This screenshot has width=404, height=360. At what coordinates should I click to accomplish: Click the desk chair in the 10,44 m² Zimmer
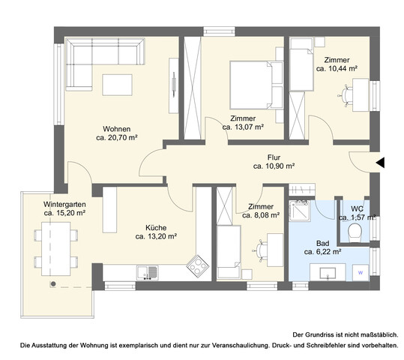coord(346,94)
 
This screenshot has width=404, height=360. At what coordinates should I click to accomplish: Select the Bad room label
coord(322,243)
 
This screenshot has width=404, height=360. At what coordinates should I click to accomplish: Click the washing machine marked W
coord(361,273)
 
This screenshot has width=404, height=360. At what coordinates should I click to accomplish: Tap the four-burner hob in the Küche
coord(198,264)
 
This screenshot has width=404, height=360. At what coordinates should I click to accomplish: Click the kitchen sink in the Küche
coord(153,271)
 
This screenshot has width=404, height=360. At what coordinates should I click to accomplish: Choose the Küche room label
coord(156,226)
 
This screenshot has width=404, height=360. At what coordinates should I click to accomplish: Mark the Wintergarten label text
coord(64,203)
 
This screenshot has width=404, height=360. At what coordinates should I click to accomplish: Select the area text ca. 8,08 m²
coord(262,214)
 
